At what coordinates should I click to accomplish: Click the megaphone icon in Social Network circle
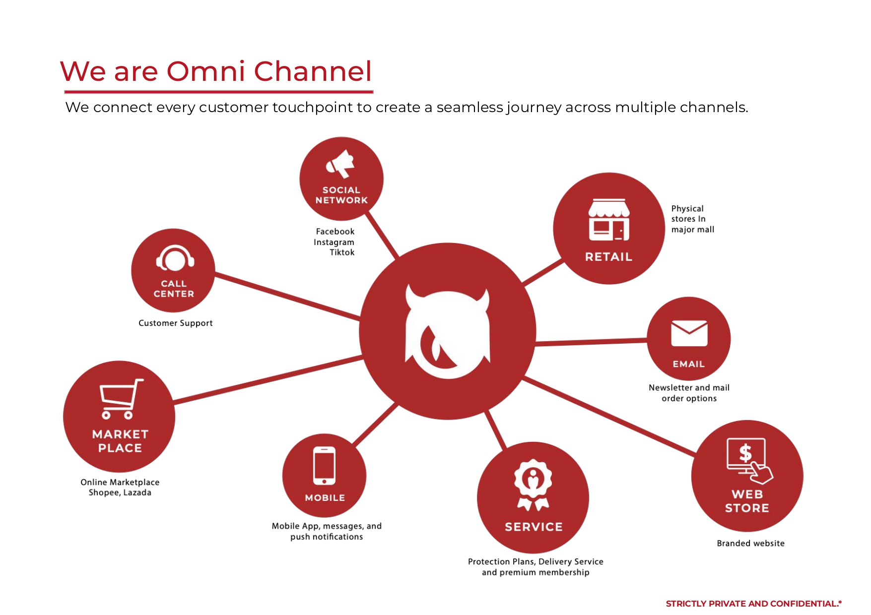(x=340, y=164)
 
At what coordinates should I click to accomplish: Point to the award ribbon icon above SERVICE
(x=533, y=484)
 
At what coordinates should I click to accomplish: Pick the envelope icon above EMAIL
(x=689, y=333)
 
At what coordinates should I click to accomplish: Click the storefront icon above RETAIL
(x=609, y=220)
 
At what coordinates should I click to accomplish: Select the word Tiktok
(x=342, y=252)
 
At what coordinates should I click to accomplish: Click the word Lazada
(x=137, y=492)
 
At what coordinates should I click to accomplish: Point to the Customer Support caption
(x=175, y=323)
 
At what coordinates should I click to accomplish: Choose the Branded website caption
(x=750, y=543)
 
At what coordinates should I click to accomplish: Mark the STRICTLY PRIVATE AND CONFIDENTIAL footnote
(x=753, y=604)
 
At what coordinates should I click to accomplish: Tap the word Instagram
(x=334, y=242)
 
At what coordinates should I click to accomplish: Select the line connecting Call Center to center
(x=288, y=296)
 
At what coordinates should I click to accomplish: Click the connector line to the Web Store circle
(x=610, y=416)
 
